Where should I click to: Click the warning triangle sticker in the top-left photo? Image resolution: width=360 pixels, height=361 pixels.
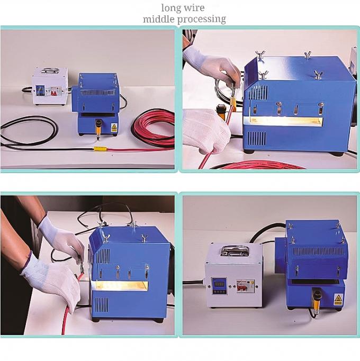point(114,127)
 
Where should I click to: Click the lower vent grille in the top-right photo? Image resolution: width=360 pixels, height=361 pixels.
point(257,139)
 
